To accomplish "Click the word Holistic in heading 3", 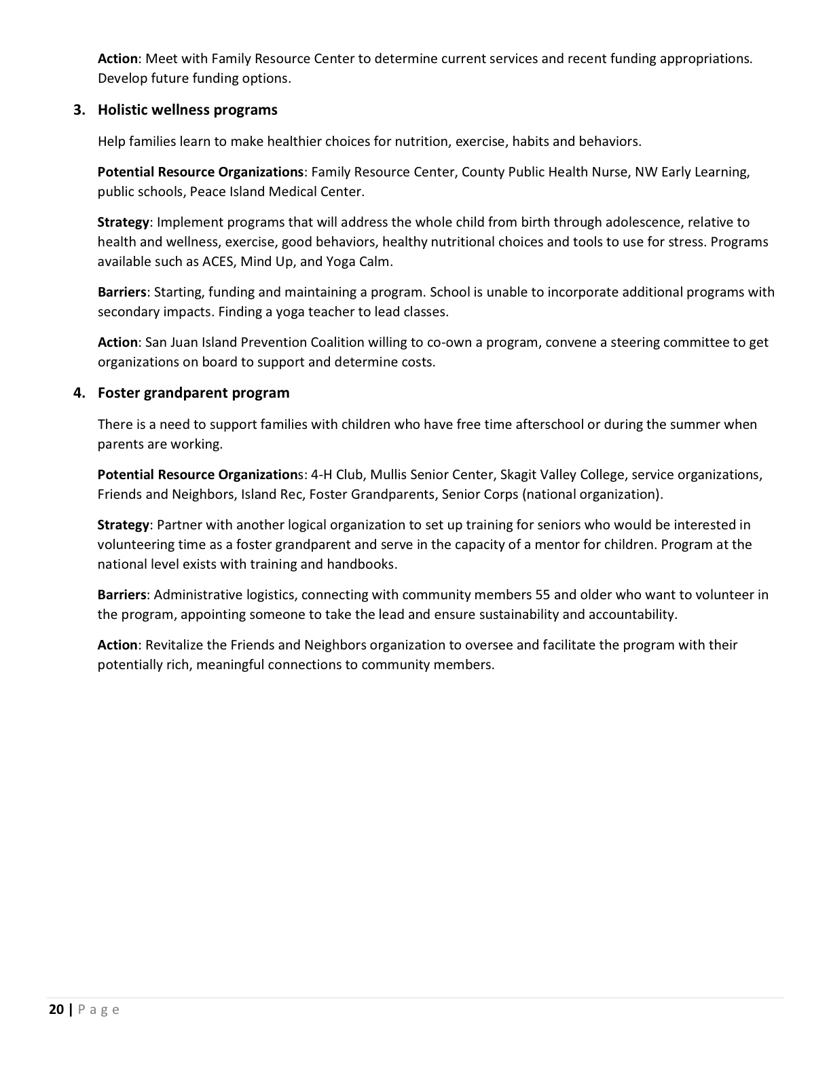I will [x=122, y=110].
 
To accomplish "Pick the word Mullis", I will [x=388, y=474].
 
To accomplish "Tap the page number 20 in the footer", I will [x=56, y=1009].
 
